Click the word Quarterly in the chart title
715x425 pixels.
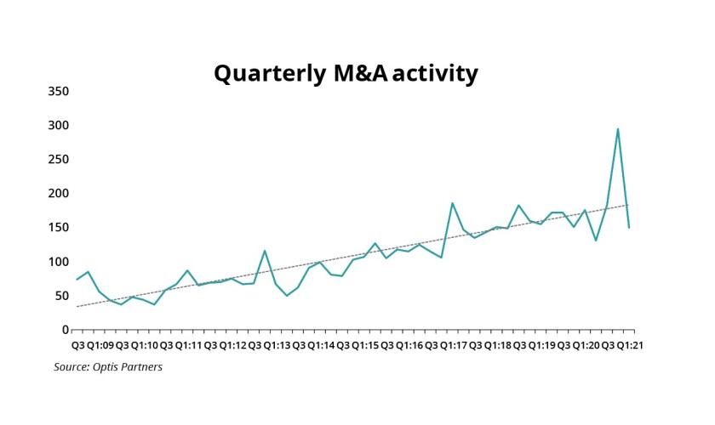pyautogui.click(x=265, y=74)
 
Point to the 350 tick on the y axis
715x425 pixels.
pyautogui.click(x=59, y=91)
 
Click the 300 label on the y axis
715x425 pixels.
pyautogui.click(x=59, y=125)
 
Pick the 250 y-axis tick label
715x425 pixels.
pyautogui.click(x=59, y=159)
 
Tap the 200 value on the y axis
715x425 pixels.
pyautogui.click(x=59, y=193)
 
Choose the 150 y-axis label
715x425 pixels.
pyautogui.click(x=59, y=227)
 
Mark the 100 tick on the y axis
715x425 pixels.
pyautogui.click(x=59, y=261)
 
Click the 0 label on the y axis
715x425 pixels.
pyautogui.click(x=65, y=330)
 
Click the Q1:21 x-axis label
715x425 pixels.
pyautogui.click(x=631, y=345)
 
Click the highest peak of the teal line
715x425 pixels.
pyautogui.click(x=618, y=129)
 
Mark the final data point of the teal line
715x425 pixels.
pyautogui.click(x=629, y=228)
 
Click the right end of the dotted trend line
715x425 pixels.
pyautogui.click(x=629, y=205)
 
